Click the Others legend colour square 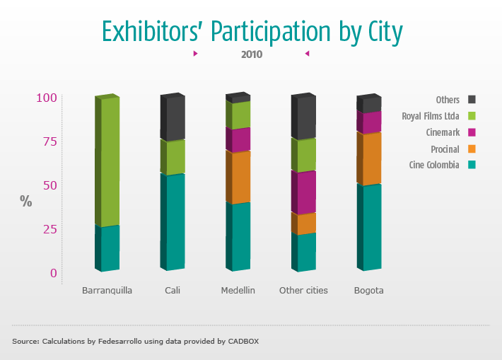(x=472, y=100)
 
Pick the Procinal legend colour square (x=472, y=149)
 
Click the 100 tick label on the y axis (x=46, y=98)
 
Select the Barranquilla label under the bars (x=107, y=290)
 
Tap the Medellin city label (x=238, y=290)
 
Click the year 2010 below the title (x=252, y=54)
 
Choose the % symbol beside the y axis (x=26, y=201)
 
